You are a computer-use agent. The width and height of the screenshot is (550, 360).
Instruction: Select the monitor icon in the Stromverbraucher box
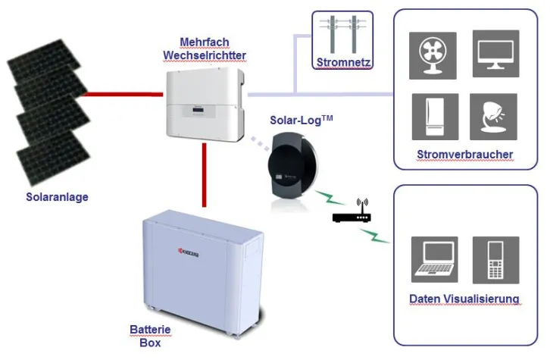pos(495,54)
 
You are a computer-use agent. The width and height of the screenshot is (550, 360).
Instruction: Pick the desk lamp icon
pos(493,117)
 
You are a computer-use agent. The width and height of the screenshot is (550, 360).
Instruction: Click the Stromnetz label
pos(342,61)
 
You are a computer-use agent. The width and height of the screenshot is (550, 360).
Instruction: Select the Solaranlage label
pos(57,197)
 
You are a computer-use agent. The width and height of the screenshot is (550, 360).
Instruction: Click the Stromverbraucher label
pos(464,155)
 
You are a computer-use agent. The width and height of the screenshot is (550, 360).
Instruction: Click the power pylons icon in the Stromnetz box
pos(342,35)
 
